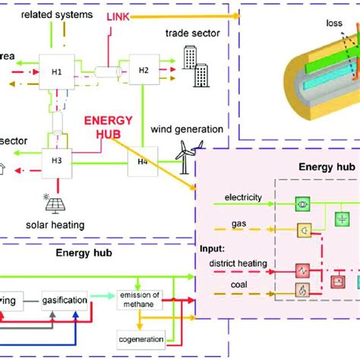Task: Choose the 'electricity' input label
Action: coord(242,197)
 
